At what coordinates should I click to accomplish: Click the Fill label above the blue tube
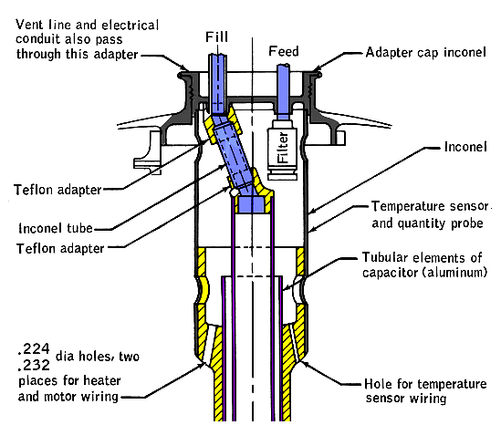click(216, 37)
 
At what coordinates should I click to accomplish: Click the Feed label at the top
click(284, 51)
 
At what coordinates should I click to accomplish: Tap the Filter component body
click(283, 148)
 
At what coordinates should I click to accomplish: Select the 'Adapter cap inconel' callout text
click(426, 52)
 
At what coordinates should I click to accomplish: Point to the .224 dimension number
click(34, 348)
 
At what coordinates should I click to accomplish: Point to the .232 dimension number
click(34, 365)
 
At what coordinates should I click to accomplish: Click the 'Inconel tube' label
click(56, 228)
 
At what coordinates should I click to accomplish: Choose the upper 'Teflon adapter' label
click(57, 190)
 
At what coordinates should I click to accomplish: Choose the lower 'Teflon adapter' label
click(60, 248)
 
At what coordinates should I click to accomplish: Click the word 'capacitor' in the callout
click(391, 273)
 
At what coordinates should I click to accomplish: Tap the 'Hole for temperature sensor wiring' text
click(425, 391)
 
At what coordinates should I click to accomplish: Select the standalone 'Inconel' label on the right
click(465, 147)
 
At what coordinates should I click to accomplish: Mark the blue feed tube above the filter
click(283, 92)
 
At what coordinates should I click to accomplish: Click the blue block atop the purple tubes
click(252, 204)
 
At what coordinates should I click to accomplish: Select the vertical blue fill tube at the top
click(218, 84)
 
